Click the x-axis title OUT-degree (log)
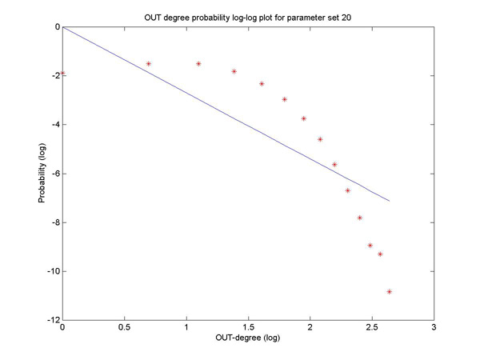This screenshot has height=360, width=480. tap(248, 338)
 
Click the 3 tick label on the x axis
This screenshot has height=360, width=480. tap(434, 327)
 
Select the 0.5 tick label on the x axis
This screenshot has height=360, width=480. tap(124, 327)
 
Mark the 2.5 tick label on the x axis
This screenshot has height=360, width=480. tap(372, 327)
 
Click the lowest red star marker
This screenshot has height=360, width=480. tap(389, 292)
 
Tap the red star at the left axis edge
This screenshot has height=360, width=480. tap(63, 73)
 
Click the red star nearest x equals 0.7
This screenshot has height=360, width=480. tap(149, 63)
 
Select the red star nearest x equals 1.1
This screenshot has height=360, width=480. tap(198, 63)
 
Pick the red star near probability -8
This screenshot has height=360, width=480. tap(360, 218)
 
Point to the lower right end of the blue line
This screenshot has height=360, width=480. tap(389, 201)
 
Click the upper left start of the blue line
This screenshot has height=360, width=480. tap(63, 27)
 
